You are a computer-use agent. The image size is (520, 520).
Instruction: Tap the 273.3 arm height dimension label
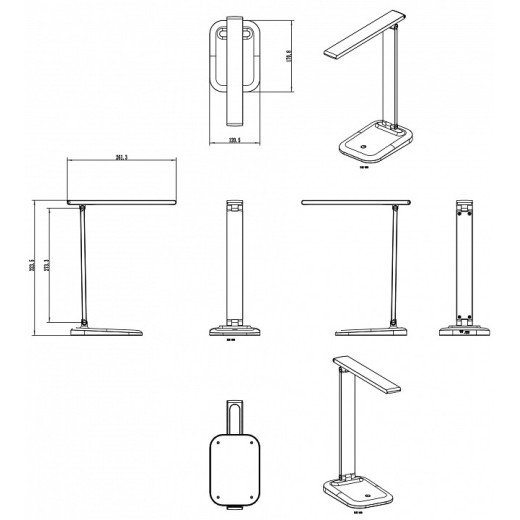51,276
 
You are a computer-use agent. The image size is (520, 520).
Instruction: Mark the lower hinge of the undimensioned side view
396,322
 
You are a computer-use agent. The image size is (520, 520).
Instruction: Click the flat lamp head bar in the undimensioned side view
355,202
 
